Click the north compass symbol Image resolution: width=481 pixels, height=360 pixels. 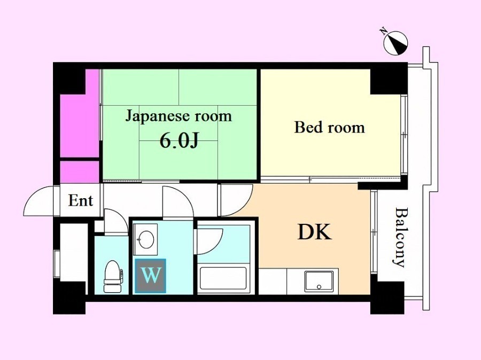[x=395, y=43]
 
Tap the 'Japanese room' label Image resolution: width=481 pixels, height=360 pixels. [x=178, y=116]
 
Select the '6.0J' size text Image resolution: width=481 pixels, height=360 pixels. [x=180, y=141]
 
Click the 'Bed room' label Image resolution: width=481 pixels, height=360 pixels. [x=329, y=128]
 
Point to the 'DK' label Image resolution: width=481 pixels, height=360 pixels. [x=315, y=232]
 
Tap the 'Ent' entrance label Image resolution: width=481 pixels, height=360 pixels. [x=80, y=201]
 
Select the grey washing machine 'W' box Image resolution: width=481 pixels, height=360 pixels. [x=150, y=276]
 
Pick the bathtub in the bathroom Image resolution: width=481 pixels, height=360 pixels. [x=223, y=278]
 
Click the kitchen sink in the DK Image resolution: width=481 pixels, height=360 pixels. [x=319, y=281]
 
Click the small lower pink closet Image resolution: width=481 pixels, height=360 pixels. [x=80, y=171]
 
